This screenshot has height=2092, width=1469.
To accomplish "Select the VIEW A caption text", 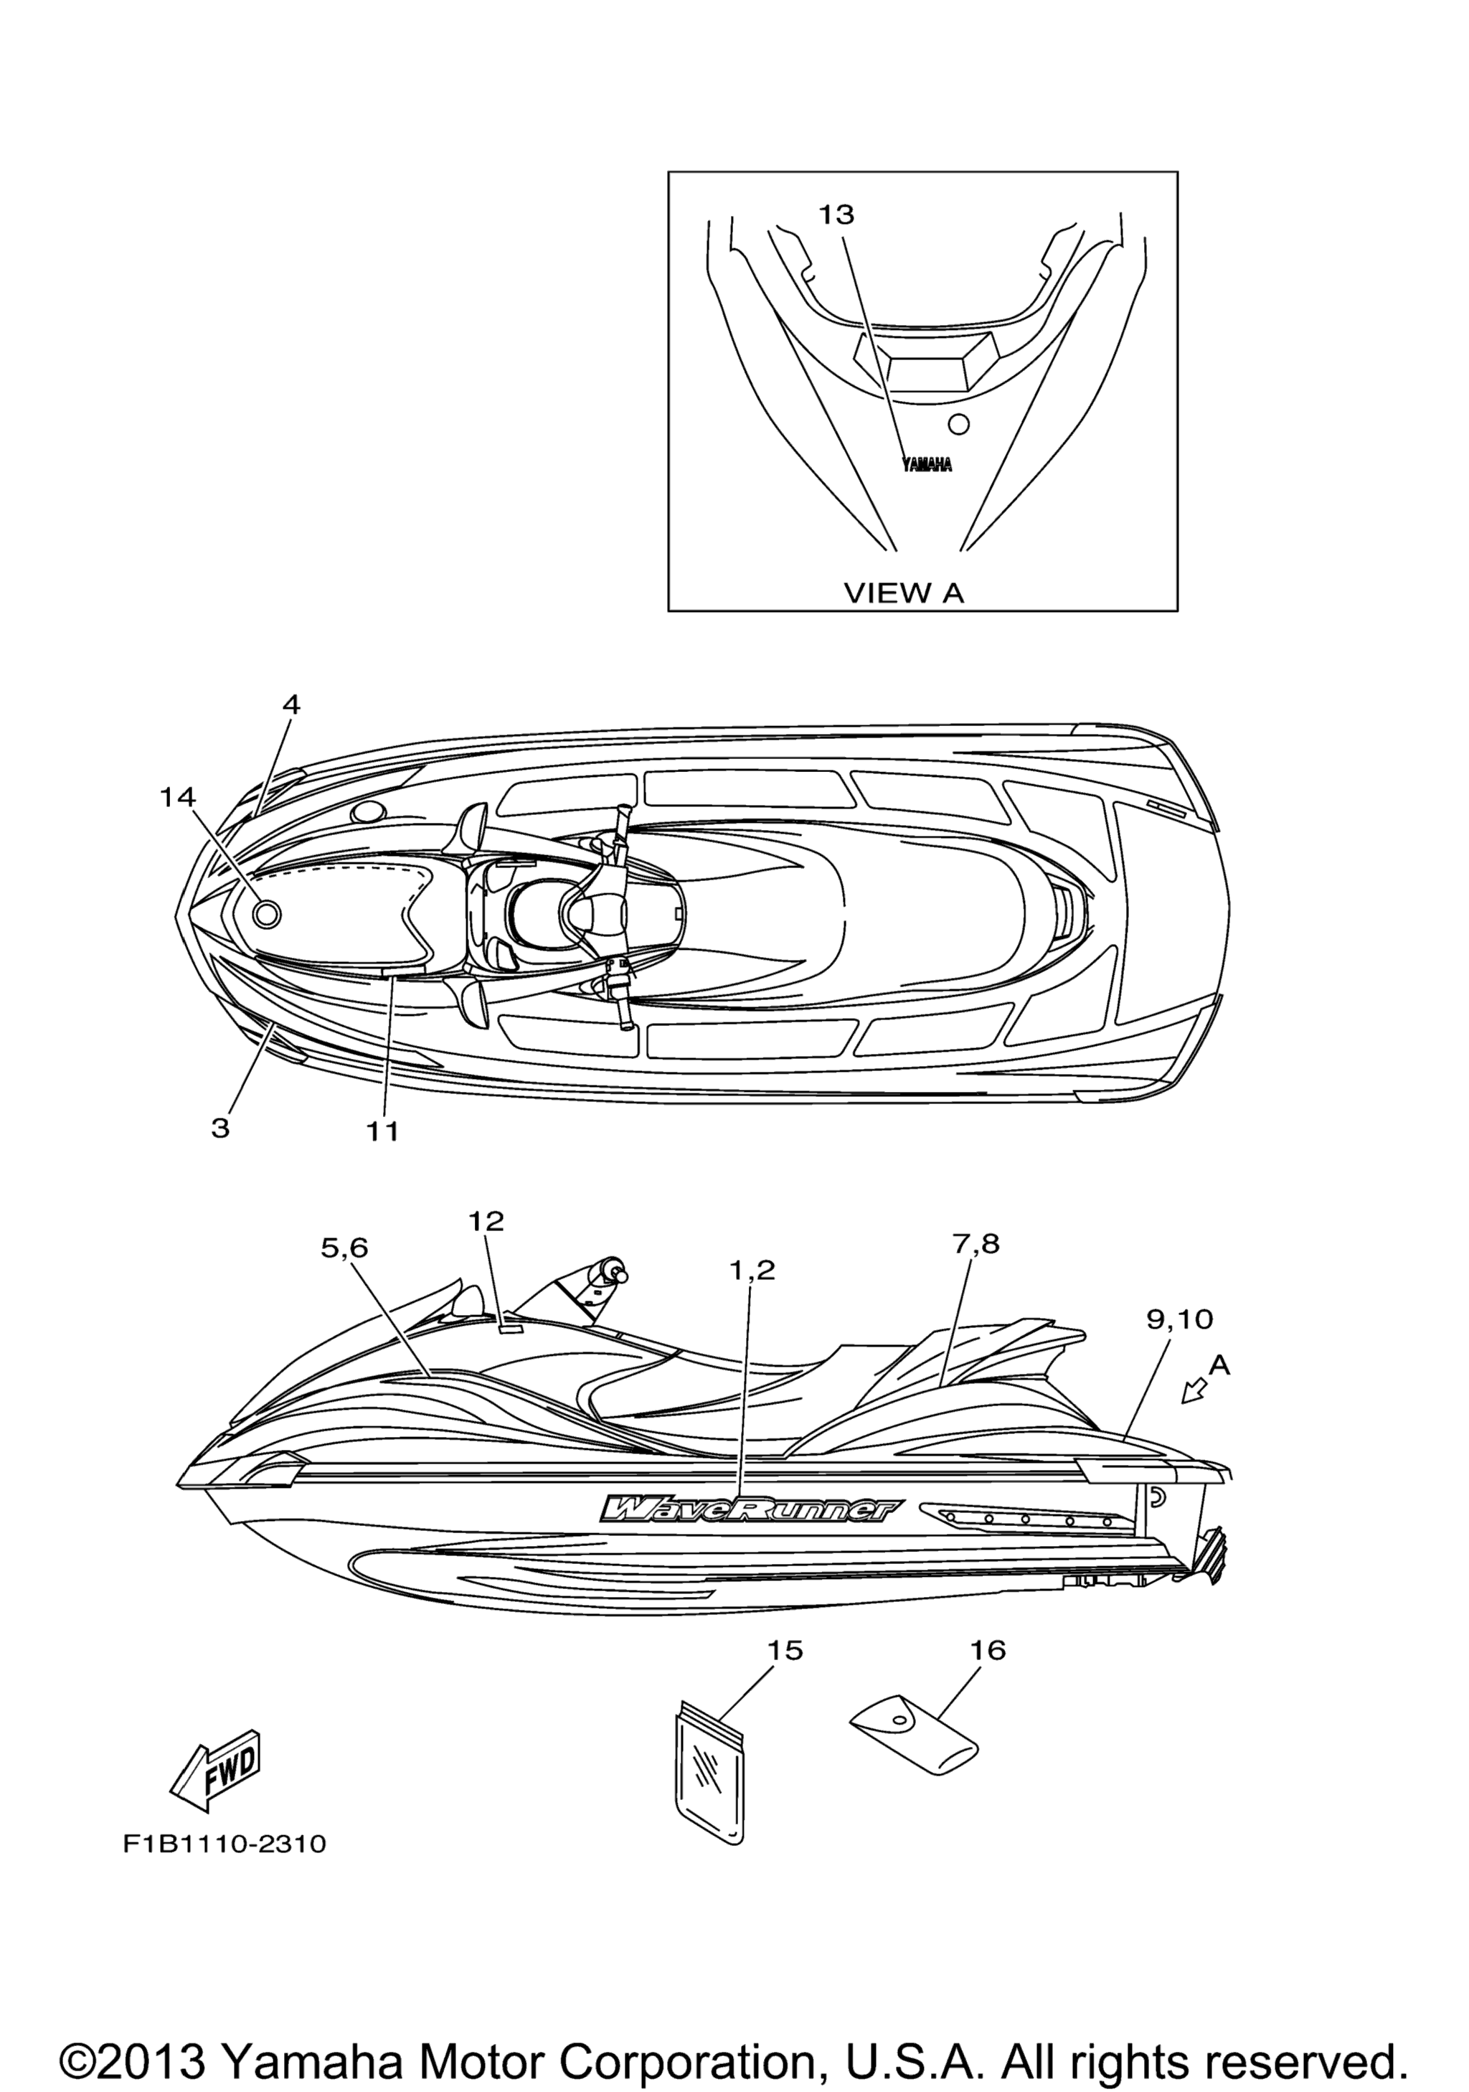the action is click(904, 593).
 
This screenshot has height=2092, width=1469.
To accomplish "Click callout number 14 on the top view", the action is click(178, 797).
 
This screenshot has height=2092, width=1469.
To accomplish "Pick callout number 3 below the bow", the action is click(220, 1128).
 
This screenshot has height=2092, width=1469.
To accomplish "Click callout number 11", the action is click(384, 1131).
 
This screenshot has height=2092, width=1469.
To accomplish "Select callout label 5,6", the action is click(344, 1248).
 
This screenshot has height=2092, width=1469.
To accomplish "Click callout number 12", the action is click(486, 1222).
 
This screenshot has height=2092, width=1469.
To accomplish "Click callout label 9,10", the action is click(1179, 1319).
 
